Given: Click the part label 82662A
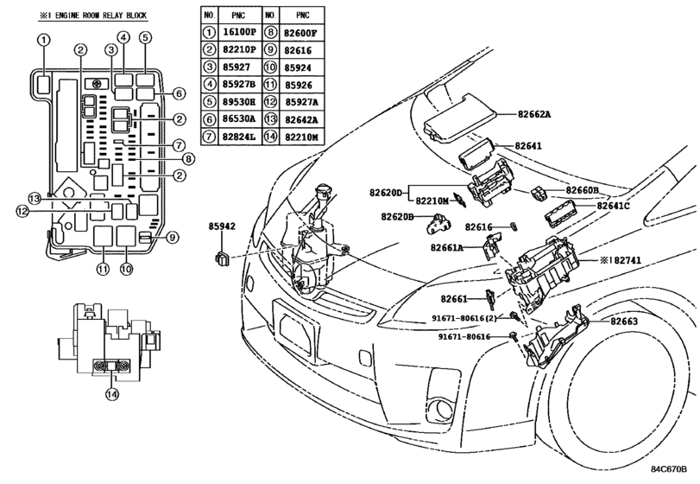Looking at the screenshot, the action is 534,114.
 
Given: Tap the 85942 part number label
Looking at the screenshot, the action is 222,226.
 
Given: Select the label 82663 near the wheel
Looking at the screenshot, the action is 624,322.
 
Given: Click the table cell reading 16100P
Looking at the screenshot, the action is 239,32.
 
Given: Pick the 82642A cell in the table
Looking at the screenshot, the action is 301,120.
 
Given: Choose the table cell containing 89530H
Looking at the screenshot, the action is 239,102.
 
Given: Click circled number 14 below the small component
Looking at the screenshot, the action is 112,394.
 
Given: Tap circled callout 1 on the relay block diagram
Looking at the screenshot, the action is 43,40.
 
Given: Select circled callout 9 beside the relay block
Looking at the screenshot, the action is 173,238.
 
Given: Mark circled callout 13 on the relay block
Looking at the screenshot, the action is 35,198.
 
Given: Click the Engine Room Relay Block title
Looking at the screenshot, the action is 93,16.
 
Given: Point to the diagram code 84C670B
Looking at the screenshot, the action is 668,468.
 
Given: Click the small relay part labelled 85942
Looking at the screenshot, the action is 222,258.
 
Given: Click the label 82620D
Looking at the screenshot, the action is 386,193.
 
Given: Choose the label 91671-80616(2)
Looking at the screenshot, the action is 464,318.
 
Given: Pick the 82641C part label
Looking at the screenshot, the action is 613,206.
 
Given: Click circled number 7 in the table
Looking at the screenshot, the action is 209,137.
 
